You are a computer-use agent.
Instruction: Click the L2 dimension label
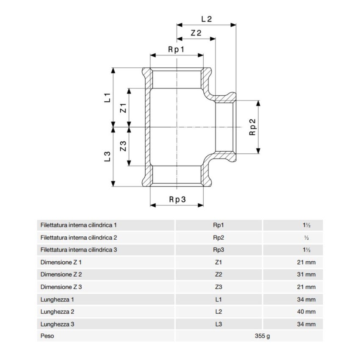pyautogui.click(x=206, y=19)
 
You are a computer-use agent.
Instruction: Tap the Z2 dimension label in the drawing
pyautogui.click(x=196, y=33)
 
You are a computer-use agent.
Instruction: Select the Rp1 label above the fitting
pyautogui.click(x=177, y=50)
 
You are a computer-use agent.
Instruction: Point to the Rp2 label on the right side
pyautogui.click(x=252, y=127)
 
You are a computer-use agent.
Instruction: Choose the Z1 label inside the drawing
pyautogui.click(x=123, y=108)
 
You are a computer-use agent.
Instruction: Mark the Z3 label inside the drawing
pyautogui.click(x=123, y=147)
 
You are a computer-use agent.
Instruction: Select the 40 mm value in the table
pyautogui.click(x=306, y=312)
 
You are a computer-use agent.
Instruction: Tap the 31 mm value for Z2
pyautogui.click(x=306, y=274)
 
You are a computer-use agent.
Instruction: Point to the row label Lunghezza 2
pyautogui.click(x=58, y=312)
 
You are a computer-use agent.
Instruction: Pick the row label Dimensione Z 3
pyautogui.click(x=61, y=287)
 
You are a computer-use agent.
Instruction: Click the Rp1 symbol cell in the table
pyautogui.click(x=219, y=225)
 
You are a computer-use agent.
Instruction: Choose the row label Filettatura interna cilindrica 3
pyautogui.click(x=79, y=250)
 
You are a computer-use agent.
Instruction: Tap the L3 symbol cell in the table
pyautogui.click(x=219, y=324)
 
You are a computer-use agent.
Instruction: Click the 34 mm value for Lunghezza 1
pyautogui.click(x=306, y=299)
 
